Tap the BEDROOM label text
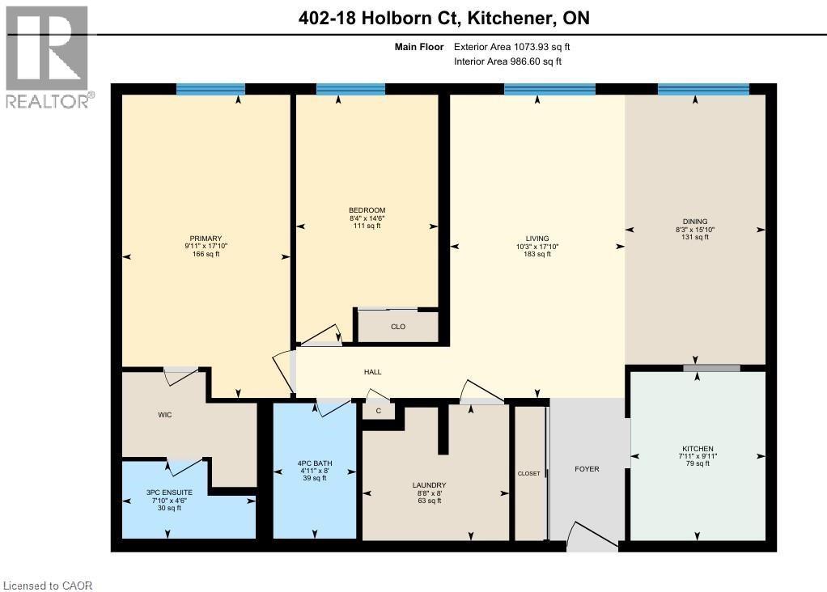pyautogui.click(x=367, y=210)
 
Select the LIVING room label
pyautogui.click(x=536, y=238)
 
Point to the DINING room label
pyautogui.click(x=695, y=221)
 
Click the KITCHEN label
pyautogui.click(x=697, y=449)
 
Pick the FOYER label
pyautogui.click(x=587, y=469)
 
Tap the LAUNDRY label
pyautogui.click(x=429, y=485)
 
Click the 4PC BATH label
pyautogui.click(x=314, y=463)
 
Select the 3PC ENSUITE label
pyautogui.click(x=169, y=491)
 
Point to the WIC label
pyautogui.click(x=165, y=415)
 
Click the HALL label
pyautogui.click(x=372, y=372)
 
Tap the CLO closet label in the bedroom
pyautogui.click(x=397, y=327)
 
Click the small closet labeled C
pyautogui.click(x=378, y=411)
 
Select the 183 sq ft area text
pyautogui.click(x=536, y=254)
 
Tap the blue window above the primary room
pyautogui.click(x=210, y=89)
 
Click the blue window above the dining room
pyautogui.click(x=702, y=89)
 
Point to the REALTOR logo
pyautogui.click(x=48, y=57)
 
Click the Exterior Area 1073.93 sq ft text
pyautogui.click(x=518, y=47)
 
